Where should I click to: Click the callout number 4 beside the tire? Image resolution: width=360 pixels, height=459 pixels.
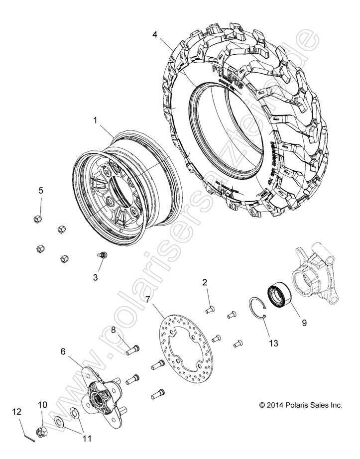pos(155,34)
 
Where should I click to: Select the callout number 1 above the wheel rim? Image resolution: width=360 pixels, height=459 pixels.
pos(95,120)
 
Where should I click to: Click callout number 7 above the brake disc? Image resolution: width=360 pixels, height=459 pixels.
pos(148,299)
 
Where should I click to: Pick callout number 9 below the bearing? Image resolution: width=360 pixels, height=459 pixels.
pos(304,322)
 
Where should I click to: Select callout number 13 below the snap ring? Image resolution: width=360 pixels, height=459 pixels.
pos(273,343)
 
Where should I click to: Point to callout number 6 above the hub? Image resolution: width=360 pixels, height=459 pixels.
pos(63,351)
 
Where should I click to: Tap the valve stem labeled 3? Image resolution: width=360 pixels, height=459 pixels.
pos(103,255)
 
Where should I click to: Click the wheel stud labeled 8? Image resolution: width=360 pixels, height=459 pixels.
pos(132,350)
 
